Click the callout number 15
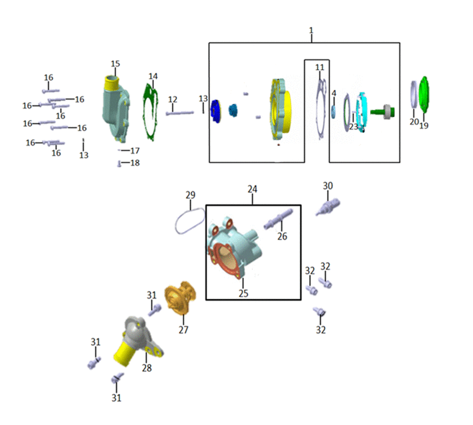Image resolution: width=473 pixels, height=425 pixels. (x=115, y=64)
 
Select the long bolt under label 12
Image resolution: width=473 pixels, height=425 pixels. (x=180, y=113)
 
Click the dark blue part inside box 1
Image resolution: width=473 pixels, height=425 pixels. (x=215, y=111)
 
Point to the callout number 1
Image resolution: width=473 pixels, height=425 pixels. (x=312, y=31)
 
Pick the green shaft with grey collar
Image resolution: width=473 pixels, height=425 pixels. (x=383, y=112)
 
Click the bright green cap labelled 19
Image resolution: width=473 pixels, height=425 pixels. (x=424, y=94)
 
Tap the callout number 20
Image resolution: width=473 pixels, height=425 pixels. (x=414, y=122)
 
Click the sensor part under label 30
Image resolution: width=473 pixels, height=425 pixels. (x=328, y=207)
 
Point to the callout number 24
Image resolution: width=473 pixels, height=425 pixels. (x=252, y=189)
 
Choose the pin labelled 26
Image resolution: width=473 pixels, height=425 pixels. (x=278, y=218)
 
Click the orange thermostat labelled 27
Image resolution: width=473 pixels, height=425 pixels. (x=180, y=297)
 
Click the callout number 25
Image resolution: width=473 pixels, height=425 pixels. (x=244, y=293)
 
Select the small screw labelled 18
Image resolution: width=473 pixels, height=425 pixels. (x=119, y=164)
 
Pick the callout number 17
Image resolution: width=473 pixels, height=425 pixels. (x=135, y=151)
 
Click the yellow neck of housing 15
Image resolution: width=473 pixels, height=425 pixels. (x=112, y=82)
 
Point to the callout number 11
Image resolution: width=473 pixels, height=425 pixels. (x=320, y=67)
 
